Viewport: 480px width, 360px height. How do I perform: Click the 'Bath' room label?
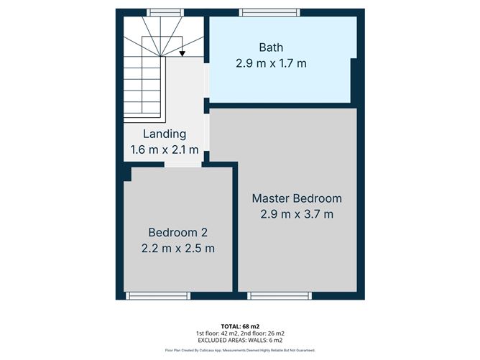pos(271,47)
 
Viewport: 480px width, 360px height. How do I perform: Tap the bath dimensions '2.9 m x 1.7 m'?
pos(271,63)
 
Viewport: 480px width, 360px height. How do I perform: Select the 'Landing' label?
pos(165,134)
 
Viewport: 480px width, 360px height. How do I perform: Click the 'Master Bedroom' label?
pos(297,198)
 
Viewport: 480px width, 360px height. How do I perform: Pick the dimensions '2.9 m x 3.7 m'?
pos(297,213)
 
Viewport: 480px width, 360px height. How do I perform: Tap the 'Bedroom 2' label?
pos(177,232)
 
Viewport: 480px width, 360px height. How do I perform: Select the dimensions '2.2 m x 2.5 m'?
pos(177,248)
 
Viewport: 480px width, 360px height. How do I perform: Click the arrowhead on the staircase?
pos(183,52)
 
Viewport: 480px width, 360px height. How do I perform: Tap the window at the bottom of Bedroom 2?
pos(158,295)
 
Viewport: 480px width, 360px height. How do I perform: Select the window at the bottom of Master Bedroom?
pos(280,295)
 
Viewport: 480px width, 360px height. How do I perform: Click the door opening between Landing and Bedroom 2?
pos(183,165)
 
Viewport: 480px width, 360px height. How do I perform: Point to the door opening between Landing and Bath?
pos(207,80)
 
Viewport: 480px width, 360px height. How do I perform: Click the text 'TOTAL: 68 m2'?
pos(239,326)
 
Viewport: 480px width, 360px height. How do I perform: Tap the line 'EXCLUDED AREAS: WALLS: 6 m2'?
pos(239,341)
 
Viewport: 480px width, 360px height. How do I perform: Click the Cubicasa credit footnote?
pos(239,351)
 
